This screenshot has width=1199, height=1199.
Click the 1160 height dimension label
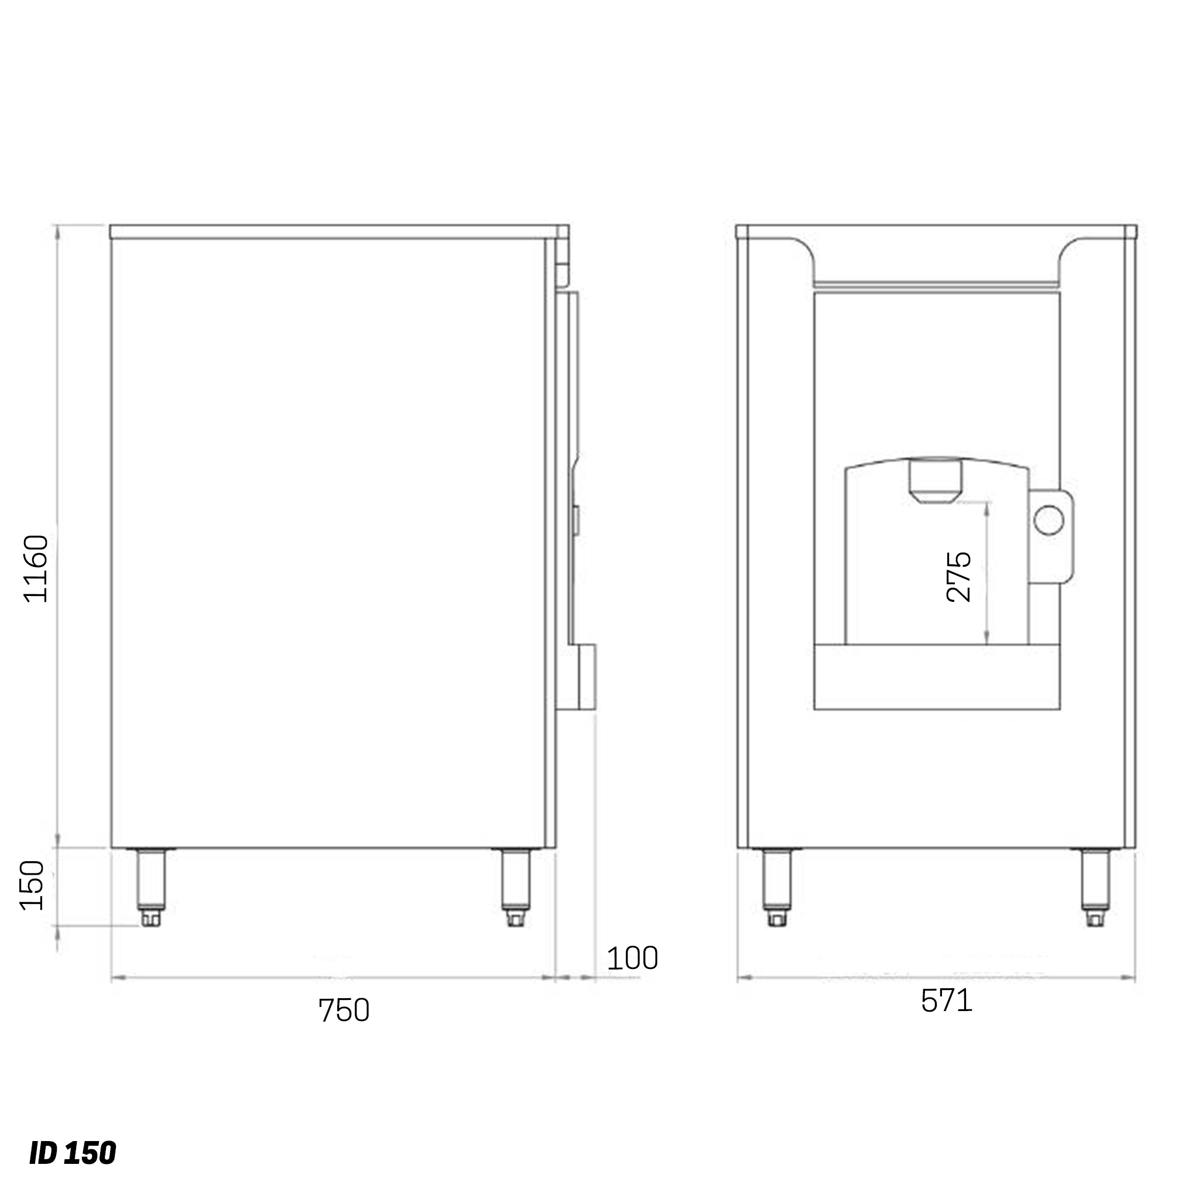tap(35, 568)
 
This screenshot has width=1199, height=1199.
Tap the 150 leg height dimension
tap(32, 886)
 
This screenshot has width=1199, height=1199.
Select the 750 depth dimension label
tap(344, 1011)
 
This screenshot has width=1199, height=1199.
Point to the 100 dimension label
tap(632, 959)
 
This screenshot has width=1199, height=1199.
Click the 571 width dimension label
tap(947, 1001)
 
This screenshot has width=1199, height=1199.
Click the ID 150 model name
tap(73, 1153)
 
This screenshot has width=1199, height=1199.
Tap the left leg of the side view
tap(151, 888)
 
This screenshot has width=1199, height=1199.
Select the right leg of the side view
tap(515, 888)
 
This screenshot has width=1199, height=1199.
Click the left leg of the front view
tap(776, 888)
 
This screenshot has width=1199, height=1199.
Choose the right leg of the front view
tap(1095, 888)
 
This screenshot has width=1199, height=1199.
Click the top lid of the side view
tap(339, 232)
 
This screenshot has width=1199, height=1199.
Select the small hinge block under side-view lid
tap(562, 273)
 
